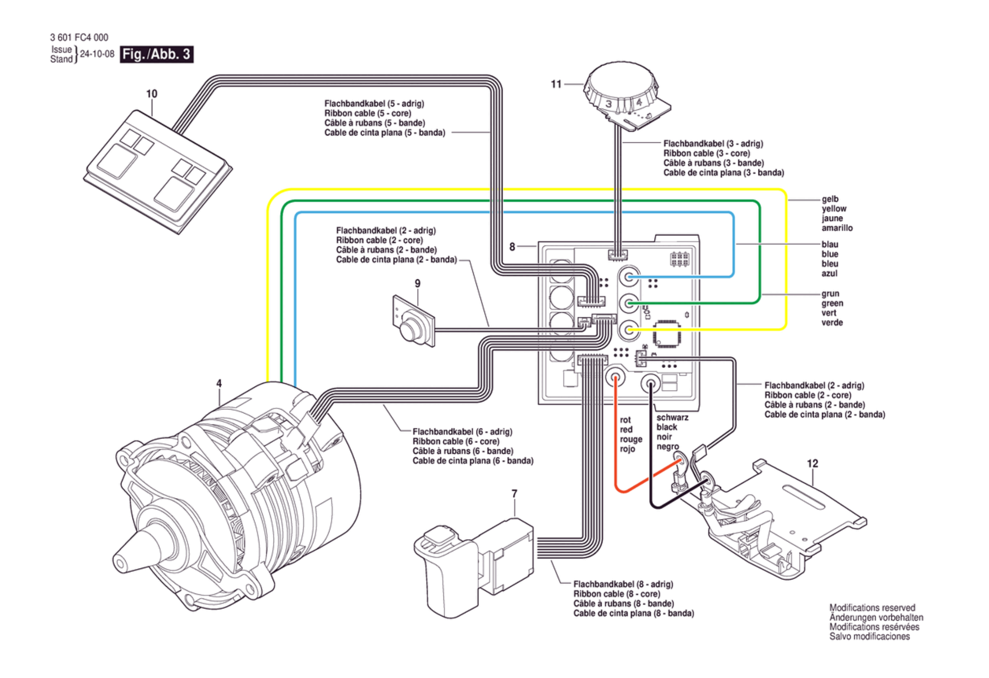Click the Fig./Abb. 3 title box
point(156,54)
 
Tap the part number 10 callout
point(151,94)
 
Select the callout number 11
point(556,84)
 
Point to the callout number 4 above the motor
point(219,383)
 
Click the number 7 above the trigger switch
point(514,494)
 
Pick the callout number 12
point(812,463)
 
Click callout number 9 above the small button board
point(417,283)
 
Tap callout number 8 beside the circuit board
point(512,246)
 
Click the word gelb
point(830,199)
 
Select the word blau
point(830,245)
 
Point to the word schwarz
point(672,417)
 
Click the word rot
point(625,420)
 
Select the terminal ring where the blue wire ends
point(629,276)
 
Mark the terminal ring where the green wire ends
point(629,303)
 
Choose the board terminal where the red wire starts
point(615,377)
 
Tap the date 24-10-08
point(97,54)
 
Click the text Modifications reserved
point(872,608)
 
